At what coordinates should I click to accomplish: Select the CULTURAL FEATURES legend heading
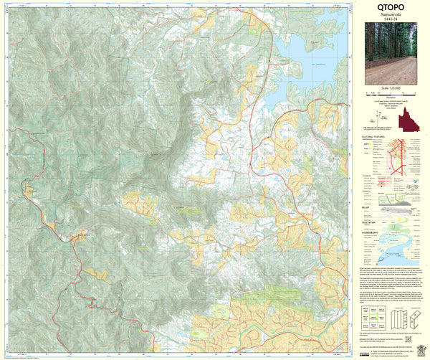pyautogui.click(x=373, y=135)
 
